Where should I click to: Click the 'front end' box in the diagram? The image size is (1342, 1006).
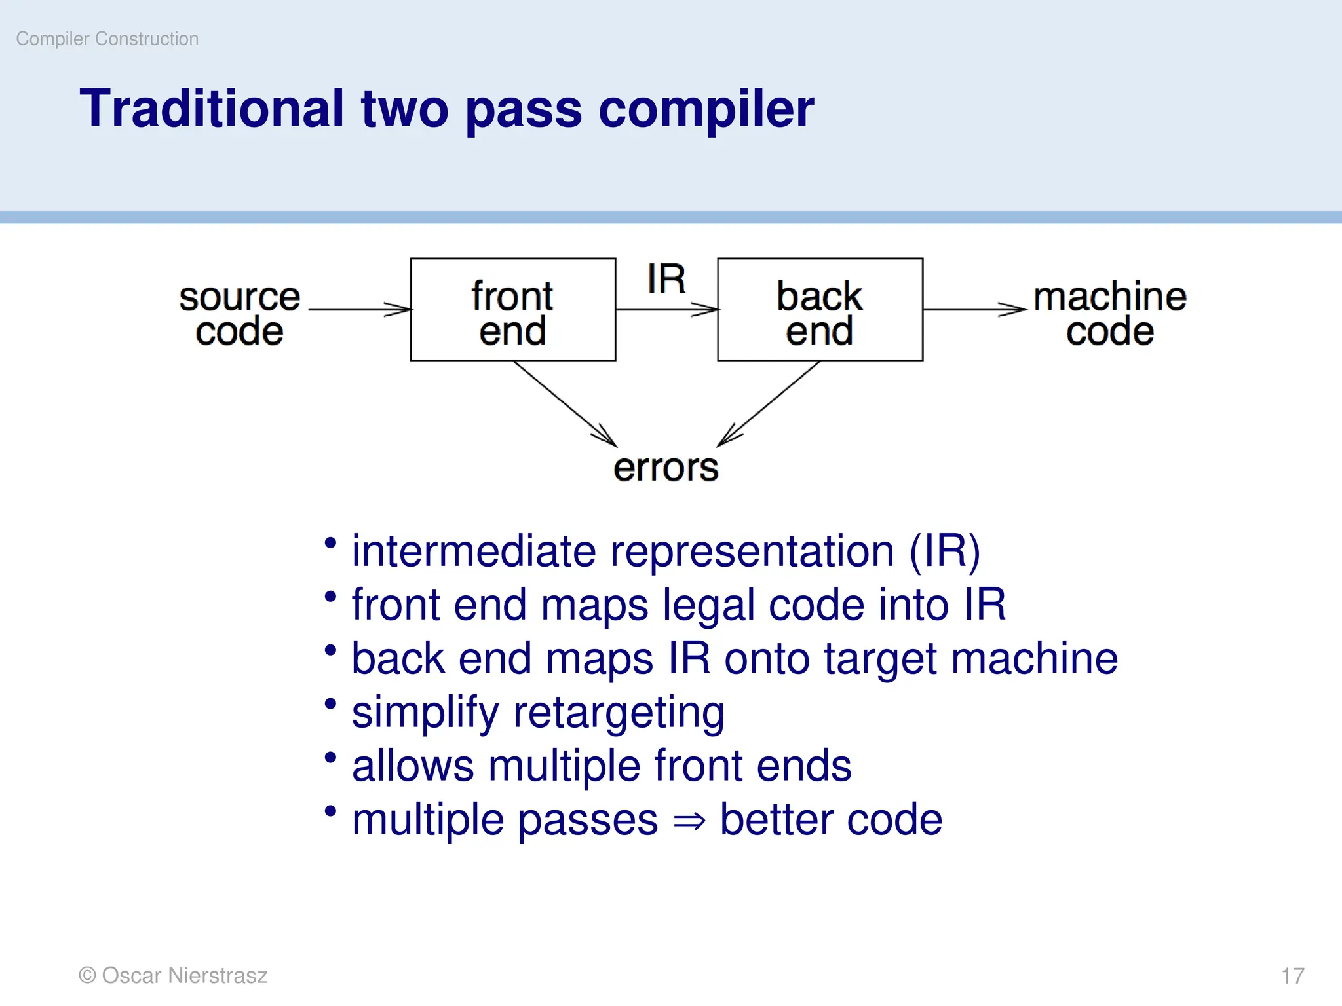pos(512,310)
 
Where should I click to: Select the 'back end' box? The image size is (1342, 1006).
pos(820,310)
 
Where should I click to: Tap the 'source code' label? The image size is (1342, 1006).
pos(239,314)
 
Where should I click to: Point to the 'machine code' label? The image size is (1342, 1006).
pos(1110,314)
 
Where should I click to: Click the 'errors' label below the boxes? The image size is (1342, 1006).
pos(666,468)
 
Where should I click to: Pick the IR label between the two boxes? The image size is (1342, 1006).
pos(666,280)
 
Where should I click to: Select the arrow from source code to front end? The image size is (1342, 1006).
pos(359,309)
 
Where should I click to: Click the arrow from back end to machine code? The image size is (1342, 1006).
pos(974,309)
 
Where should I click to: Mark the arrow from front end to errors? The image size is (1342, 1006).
pos(564,403)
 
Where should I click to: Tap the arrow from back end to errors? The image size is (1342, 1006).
pos(769,403)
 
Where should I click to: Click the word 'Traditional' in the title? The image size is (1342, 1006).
pos(212,109)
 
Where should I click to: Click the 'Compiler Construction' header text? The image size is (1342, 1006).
pos(107,39)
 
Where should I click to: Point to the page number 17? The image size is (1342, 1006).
pos(1293,976)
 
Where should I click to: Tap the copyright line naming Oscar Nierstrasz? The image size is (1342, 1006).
pos(173,975)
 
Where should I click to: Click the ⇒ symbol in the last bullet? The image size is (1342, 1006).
pos(689,821)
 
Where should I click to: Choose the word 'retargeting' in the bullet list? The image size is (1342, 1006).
pos(619,713)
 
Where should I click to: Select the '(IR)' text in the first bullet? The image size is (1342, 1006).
pos(944,551)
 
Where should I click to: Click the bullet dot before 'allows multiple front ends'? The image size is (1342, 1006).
pos(331,758)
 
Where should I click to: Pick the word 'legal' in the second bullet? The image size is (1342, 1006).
pos(708,605)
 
